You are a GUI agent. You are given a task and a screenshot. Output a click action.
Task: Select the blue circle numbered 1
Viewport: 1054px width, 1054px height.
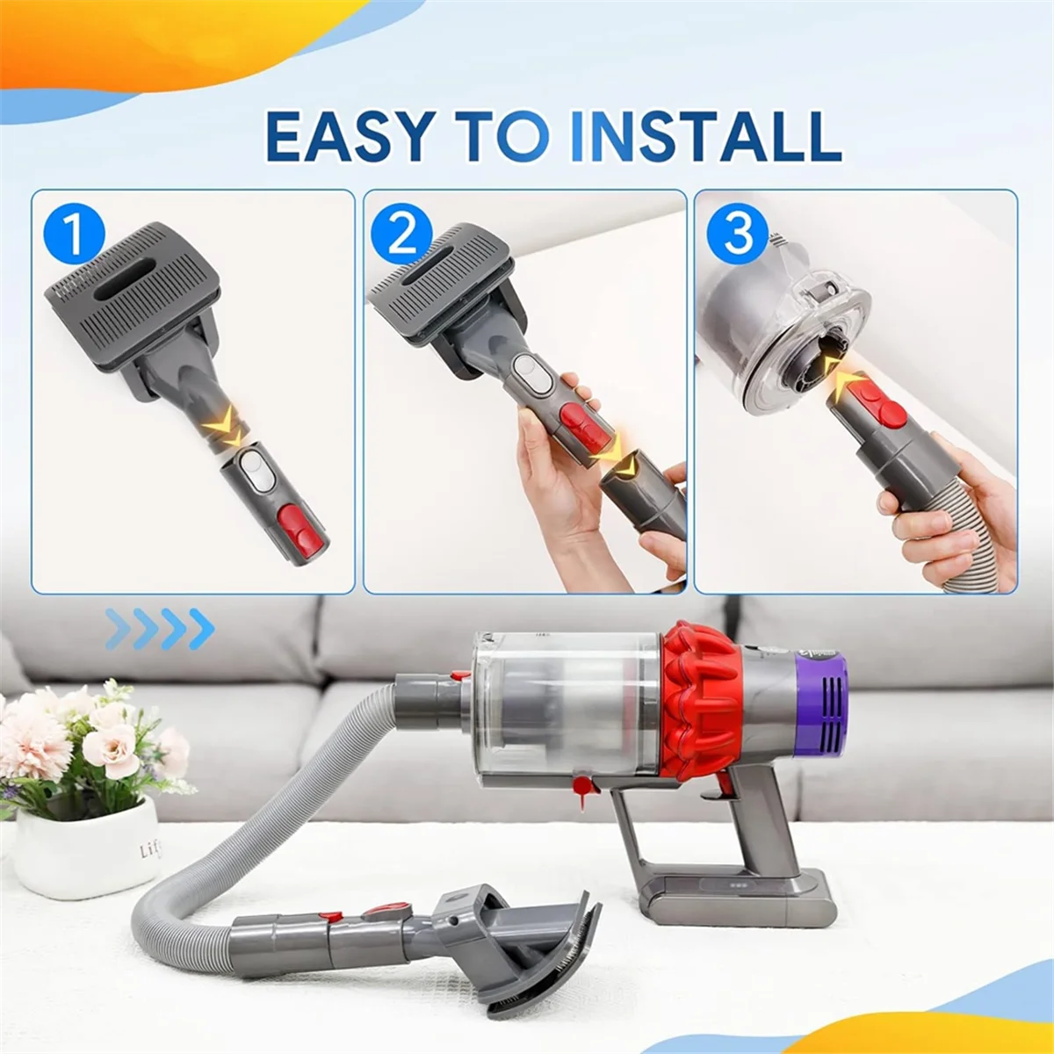[x=74, y=235]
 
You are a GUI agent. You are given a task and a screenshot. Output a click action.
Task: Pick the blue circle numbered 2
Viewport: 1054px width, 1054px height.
[x=402, y=235]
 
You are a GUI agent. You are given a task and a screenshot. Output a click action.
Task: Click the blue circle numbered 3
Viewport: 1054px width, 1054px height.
[x=738, y=233]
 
